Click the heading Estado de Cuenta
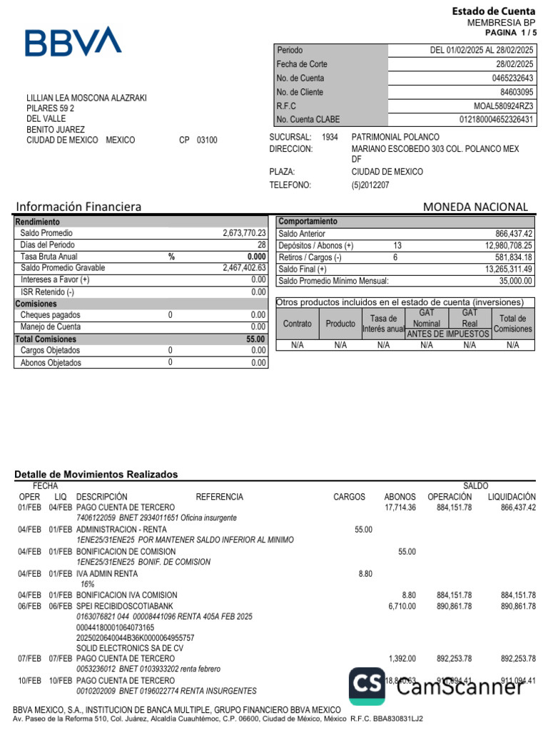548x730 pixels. pos(493,11)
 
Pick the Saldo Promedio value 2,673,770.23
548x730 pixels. pos(244,233)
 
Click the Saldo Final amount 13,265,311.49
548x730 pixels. pos(509,269)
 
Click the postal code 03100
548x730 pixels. pos(207,140)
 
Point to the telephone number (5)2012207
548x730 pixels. pos(370,185)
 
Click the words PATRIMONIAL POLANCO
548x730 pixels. pos(395,137)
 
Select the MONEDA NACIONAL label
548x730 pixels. pos(475,207)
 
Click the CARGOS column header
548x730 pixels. pos(349,497)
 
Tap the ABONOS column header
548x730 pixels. pos(400,497)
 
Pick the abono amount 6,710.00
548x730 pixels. pos(402,606)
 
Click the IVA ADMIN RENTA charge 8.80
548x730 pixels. pos(365,573)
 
